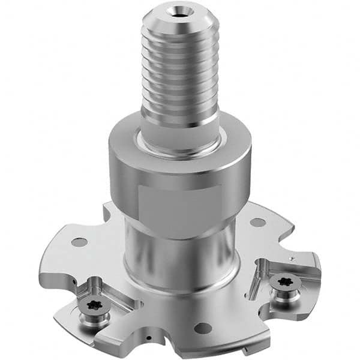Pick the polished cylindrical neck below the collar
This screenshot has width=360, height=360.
coord(180,252)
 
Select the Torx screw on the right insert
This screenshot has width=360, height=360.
coord(280,280)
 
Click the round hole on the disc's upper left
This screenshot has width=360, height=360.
coord(79,242)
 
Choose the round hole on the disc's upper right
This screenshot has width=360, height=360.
coord(258,222)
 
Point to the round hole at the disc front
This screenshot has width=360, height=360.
coord(203,328)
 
